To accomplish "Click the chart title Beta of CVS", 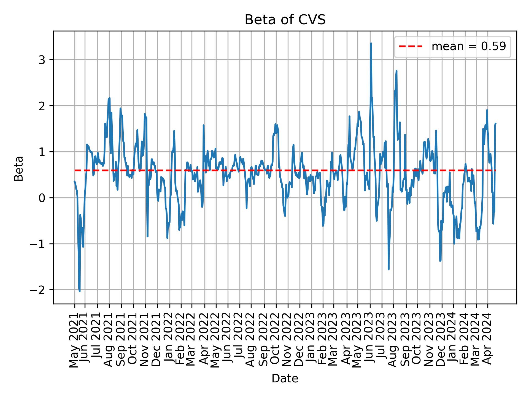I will coord(285,20).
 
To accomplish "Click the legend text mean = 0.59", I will coord(469,47).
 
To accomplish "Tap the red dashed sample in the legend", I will coord(411,47).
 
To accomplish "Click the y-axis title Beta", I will coord(19,168).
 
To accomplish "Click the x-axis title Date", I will coord(285,379).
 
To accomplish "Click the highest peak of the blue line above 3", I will coord(371,43).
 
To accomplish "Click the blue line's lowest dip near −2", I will coord(80,291).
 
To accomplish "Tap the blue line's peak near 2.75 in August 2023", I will coord(396,71).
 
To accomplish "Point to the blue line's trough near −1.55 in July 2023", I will coord(388,269).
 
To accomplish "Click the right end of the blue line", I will coord(496,123).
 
